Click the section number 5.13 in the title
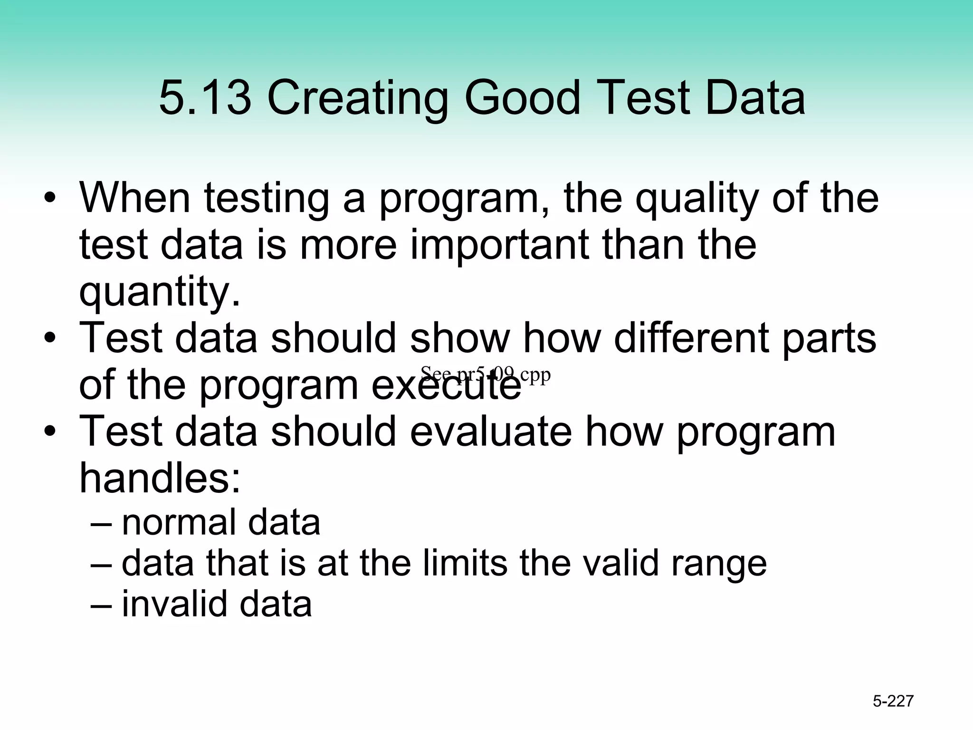click(205, 98)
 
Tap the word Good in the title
click(522, 98)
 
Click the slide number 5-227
click(893, 701)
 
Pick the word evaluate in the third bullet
click(491, 432)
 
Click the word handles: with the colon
click(160, 478)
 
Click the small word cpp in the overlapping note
click(535, 375)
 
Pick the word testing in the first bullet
click(267, 200)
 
